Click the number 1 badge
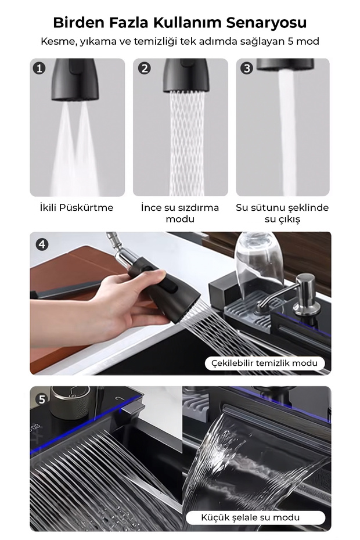[x=39, y=68]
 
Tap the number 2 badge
[x=145, y=68]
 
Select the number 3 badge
[x=247, y=68]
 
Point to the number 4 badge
[x=42, y=244]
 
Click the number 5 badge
[x=42, y=399]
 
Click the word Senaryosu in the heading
[x=267, y=23]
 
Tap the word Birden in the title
[x=79, y=23]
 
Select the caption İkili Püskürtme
[x=77, y=208]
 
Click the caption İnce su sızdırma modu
[x=180, y=213]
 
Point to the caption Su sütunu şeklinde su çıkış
[x=282, y=213]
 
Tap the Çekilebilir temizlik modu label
[x=264, y=363]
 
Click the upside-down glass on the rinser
[x=259, y=262]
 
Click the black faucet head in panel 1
[x=75, y=80]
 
